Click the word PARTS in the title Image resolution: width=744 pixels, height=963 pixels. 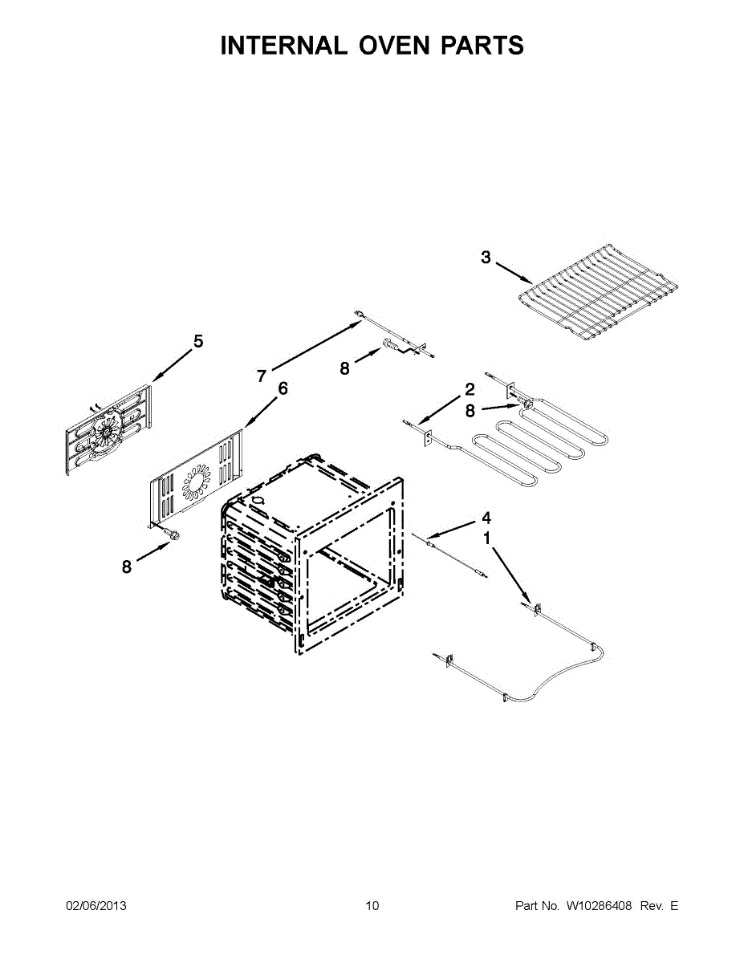pos(482,46)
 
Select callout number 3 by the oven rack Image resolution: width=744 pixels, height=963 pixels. pos(486,258)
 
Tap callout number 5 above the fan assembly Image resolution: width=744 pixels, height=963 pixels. pos(197,342)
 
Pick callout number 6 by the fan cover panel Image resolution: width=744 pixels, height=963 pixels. pos(282,388)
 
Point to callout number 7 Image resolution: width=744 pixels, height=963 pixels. pos(262,376)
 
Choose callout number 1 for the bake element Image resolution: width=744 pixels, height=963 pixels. pos(486,538)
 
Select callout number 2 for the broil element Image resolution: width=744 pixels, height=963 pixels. pos(470,390)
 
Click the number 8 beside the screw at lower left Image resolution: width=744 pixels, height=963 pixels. pos(127,567)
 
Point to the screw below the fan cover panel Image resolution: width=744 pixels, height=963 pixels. pos(171,534)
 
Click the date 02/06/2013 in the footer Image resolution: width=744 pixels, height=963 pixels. pos(96,906)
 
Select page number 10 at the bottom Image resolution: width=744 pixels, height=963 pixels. pos(372,906)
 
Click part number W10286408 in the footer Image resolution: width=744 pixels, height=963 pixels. pos(599,906)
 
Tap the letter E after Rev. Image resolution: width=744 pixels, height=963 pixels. pos(674,906)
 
